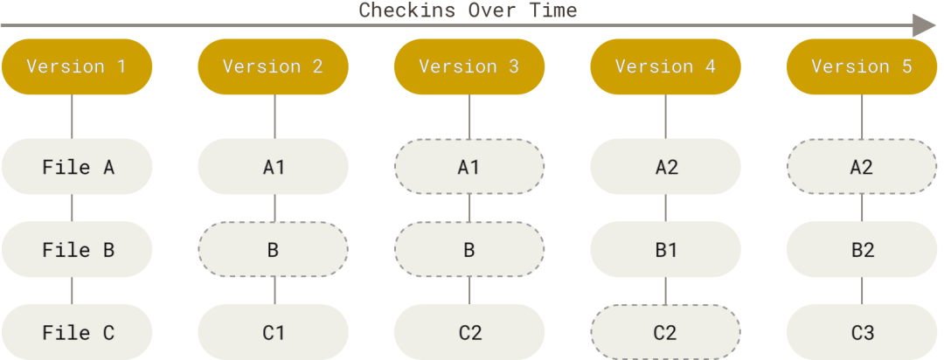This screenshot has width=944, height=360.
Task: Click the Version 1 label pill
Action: coord(77,66)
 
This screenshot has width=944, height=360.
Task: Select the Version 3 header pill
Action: coord(469,66)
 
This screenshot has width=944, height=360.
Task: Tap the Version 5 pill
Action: coord(862,66)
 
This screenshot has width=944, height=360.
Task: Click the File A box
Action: coord(77,167)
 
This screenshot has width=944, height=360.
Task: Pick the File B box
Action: coord(77,249)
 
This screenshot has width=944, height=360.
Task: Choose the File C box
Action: coord(77,332)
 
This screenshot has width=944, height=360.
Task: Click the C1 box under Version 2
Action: coord(274,332)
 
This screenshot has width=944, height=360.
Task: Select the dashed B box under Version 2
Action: coord(274,249)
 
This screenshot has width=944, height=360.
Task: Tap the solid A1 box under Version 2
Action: coord(274,167)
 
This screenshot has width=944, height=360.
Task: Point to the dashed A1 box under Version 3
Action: coord(469,167)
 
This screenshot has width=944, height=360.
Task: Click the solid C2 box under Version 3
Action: coord(469,332)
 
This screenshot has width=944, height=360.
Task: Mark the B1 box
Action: coord(665,249)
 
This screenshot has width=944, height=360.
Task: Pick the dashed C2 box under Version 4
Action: coord(665,332)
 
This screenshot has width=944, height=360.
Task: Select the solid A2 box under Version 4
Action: coord(665,167)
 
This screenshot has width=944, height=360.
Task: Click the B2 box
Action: coord(862,249)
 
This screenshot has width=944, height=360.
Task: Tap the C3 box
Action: coord(862,332)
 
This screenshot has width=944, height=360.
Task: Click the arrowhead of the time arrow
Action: coord(926,26)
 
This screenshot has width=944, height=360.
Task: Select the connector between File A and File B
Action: coord(73,208)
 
